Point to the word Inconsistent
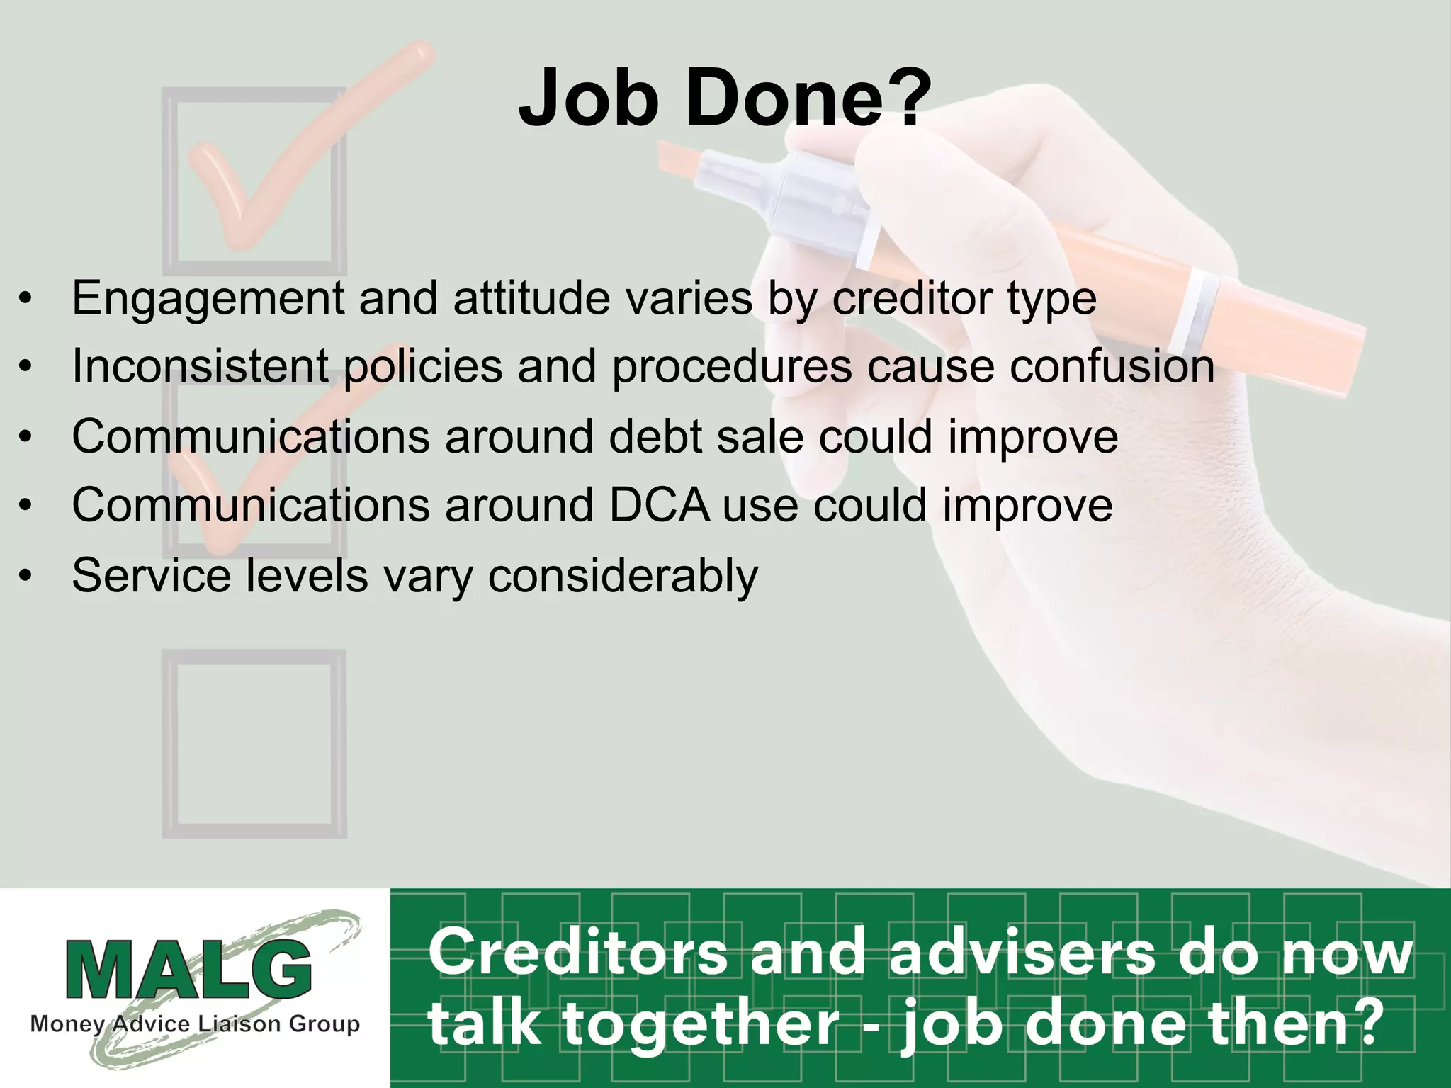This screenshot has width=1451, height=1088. (200, 366)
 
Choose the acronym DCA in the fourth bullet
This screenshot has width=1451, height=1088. (659, 505)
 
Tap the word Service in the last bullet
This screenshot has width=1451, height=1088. (151, 574)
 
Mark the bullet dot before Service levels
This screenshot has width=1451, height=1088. (26, 576)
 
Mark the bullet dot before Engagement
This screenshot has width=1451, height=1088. (26, 299)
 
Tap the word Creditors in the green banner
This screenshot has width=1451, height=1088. (578, 953)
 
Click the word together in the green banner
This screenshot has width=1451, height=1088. (701, 1024)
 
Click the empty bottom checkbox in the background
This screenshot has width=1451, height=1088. (254, 744)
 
